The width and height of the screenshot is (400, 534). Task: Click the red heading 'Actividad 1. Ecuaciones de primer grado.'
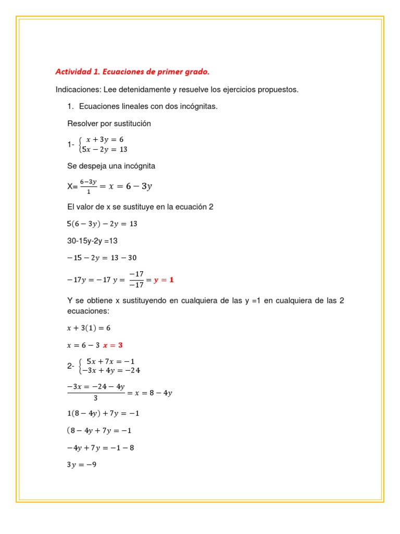(x=132, y=71)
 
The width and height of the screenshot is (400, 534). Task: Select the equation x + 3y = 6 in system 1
(x=105, y=140)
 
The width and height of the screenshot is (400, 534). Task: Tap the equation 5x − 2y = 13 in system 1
(x=105, y=149)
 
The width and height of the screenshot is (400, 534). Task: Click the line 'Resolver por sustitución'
(x=109, y=124)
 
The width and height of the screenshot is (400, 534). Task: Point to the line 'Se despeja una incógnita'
(x=111, y=166)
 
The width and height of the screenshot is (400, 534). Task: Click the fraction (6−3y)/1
(x=88, y=186)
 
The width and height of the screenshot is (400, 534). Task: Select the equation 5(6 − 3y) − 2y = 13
(x=102, y=224)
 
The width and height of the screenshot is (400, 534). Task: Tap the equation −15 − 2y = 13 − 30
(x=102, y=258)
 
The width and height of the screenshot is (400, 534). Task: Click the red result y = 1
(x=164, y=280)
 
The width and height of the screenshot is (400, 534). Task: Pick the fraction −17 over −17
(x=136, y=280)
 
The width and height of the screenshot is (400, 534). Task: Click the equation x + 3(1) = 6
(x=89, y=328)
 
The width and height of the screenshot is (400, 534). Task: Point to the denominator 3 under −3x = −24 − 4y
(x=95, y=398)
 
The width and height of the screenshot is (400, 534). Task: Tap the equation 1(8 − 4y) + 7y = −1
(x=103, y=414)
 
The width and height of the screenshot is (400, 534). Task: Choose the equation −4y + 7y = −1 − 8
(x=101, y=447)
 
